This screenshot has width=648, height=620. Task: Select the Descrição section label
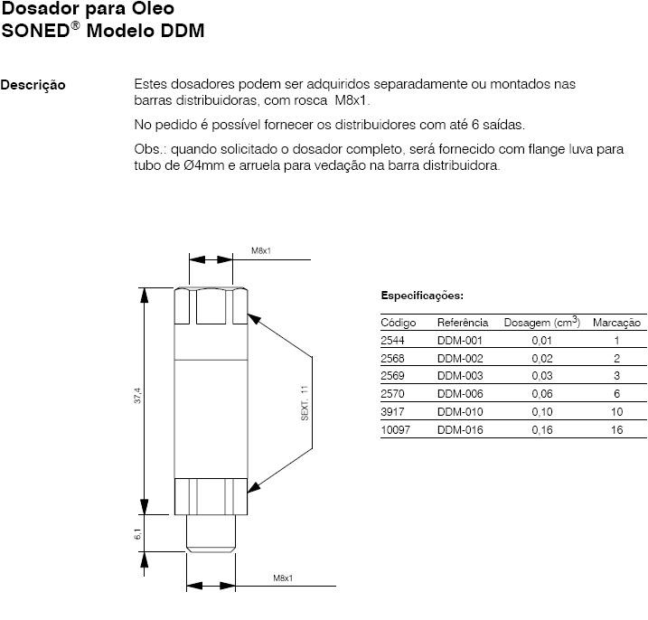(33, 86)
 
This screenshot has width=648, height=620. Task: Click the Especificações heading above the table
(422, 296)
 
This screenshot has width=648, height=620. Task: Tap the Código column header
(398, 323)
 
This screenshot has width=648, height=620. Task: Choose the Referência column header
(463, 323)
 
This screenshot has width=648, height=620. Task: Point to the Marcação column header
(616, 323)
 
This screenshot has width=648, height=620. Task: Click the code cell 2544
(393, 341)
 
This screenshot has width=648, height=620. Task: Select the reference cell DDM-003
(461, 376)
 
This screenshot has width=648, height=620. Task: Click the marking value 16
(616, 430)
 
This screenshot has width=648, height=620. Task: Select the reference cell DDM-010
(461, 412)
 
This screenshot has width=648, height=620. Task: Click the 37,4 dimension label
(137, 398)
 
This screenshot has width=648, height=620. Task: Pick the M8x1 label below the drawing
(286, 578)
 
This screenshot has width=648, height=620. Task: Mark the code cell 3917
(393, 412)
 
